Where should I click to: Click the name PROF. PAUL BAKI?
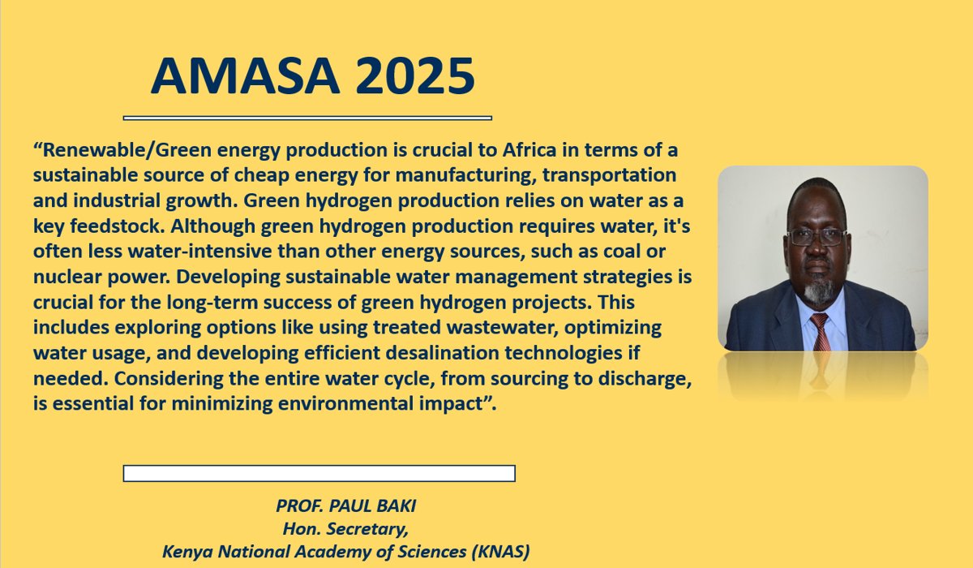(x=345, y=506)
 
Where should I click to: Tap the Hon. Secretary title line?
(x=345, y=529)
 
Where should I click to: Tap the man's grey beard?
(x=819, y=287)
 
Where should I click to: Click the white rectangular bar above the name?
(x=319, y=473)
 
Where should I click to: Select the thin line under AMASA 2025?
(x=307, y=118)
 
